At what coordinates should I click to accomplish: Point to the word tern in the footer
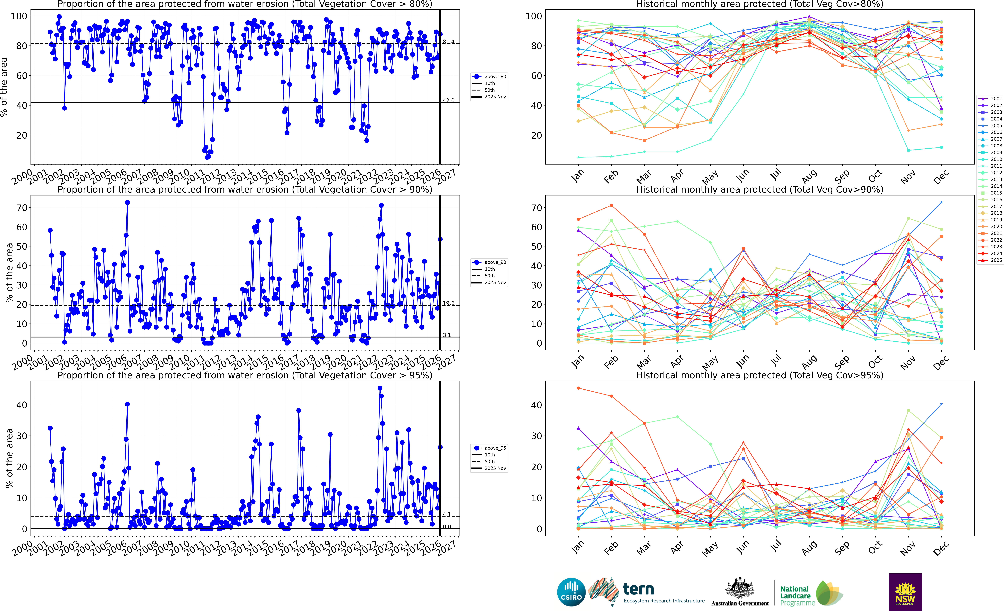coord(639,589)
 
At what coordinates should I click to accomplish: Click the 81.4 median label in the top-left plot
coord(449,42)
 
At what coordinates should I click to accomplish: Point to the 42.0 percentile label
coord(449,101)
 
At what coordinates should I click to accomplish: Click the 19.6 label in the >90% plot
coord(449,303)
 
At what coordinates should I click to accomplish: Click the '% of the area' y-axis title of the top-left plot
coord(4,87)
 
